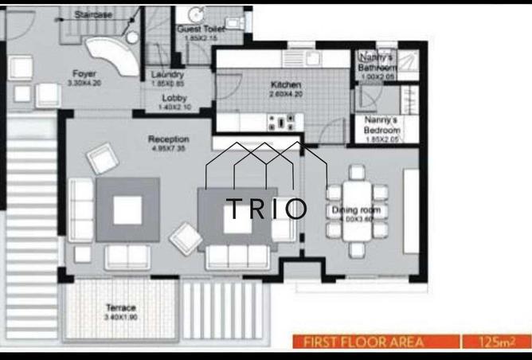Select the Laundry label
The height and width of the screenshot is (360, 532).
[167, 75]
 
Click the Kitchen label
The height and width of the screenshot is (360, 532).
[284, 84]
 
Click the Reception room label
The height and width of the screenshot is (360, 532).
[168, 139]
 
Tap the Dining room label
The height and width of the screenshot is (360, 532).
[356, 210]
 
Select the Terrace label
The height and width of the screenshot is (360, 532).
[121, 307]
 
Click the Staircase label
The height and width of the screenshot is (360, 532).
[92, 15]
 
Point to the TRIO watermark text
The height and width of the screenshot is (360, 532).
[266, 209]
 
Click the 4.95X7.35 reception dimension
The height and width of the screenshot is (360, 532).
[168, 148]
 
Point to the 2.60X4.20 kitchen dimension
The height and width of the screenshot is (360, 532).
[284, 93]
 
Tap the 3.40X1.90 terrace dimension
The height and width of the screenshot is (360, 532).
[121, 316]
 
